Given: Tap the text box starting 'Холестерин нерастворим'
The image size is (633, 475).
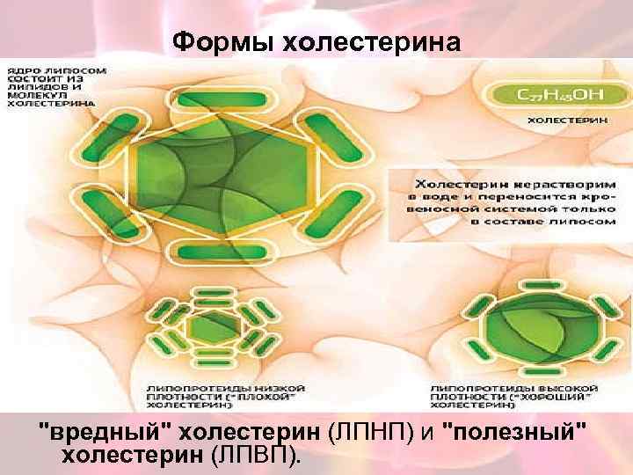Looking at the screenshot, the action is (x=513, y=203).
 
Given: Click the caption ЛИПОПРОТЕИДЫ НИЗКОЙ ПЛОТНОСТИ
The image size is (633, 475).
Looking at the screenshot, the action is (x=225, y=397).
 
